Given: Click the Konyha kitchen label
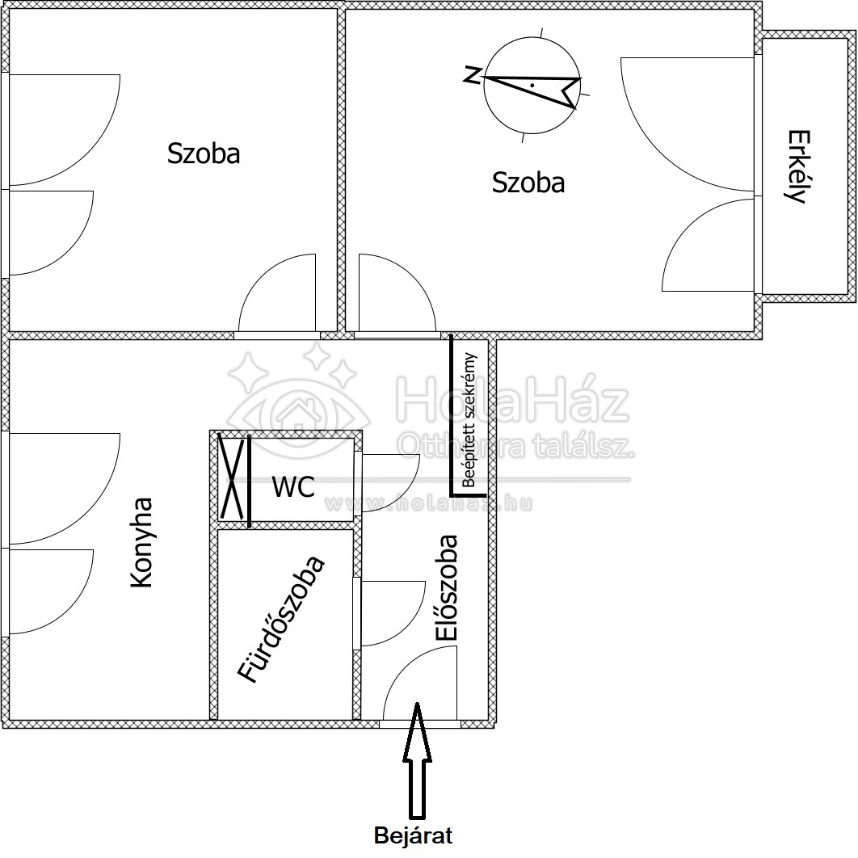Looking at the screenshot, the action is (x=141, y=542).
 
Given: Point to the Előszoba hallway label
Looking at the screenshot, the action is (x=447, y=587).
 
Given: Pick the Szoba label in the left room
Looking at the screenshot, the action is (x=204, y=154).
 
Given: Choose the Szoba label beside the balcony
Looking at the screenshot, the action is (x=528, y=183).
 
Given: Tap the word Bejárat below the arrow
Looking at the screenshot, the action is (x=413, y=835).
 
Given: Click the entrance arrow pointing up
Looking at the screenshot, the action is (x=417, y=760).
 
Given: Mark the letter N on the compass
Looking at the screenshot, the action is (x=473, y=74).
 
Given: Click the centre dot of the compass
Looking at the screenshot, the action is (x=532, y=86).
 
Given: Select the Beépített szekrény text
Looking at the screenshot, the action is (x=469, y=420).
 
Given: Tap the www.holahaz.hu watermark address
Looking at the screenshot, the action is (x=428, y=503).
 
